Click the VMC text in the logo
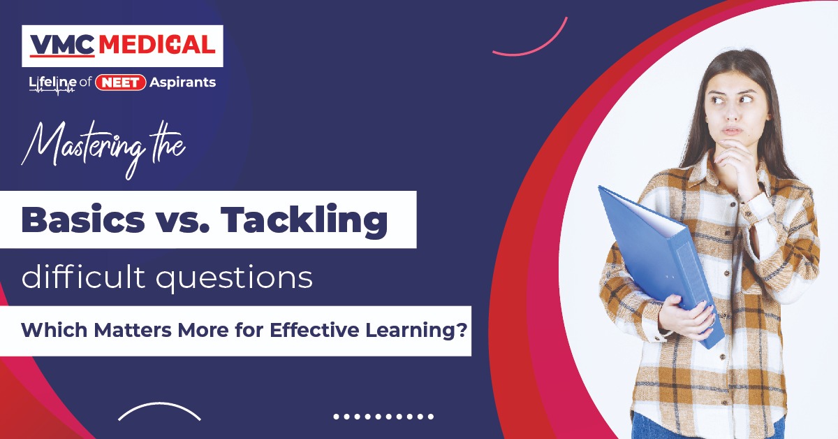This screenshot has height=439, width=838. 62,45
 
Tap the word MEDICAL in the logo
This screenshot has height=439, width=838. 157,45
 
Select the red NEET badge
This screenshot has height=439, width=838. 120,82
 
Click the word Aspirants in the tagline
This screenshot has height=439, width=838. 182,82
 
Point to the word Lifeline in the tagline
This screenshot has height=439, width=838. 53,83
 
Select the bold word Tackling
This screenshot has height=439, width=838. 304,220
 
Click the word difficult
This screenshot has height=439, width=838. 83,277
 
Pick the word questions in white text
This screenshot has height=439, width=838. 235,280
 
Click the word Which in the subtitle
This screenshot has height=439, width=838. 54,330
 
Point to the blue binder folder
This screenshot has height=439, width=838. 661,266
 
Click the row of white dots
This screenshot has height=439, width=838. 383,417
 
